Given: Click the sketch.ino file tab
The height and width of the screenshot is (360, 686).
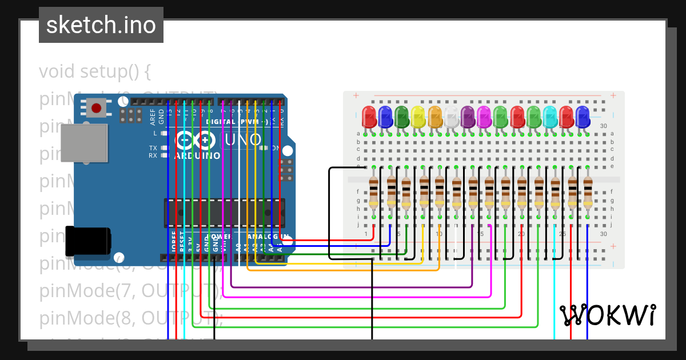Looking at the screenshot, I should pos(101,25).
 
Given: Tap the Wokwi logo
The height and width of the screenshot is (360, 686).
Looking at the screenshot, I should pos(607,315).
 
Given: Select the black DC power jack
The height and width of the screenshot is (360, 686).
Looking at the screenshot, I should pos(87,241).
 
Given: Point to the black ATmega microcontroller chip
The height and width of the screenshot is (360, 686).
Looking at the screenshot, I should pos(224,213).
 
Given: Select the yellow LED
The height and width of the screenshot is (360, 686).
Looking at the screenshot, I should pos(418,117).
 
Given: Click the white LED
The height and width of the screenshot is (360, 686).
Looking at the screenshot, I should pos(452,117).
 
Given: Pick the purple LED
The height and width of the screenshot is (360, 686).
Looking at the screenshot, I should pos(468,117).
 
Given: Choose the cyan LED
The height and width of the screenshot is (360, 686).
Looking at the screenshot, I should pos(550,117).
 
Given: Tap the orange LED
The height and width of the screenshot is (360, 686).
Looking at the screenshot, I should pos(435,117).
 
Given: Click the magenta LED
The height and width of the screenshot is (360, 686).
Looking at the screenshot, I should pos(484,117).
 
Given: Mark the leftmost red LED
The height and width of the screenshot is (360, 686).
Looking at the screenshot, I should pos(369,117).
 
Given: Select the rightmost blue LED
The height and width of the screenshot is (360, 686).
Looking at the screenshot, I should pos(583,117).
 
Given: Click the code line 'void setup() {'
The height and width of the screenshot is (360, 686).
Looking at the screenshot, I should pos(95,72).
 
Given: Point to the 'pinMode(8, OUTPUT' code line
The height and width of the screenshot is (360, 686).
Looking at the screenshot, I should pos(130,318).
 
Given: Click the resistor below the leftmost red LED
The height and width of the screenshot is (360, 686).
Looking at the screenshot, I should pos(374,192).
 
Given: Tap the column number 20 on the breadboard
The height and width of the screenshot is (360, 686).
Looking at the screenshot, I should pos(521,234).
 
